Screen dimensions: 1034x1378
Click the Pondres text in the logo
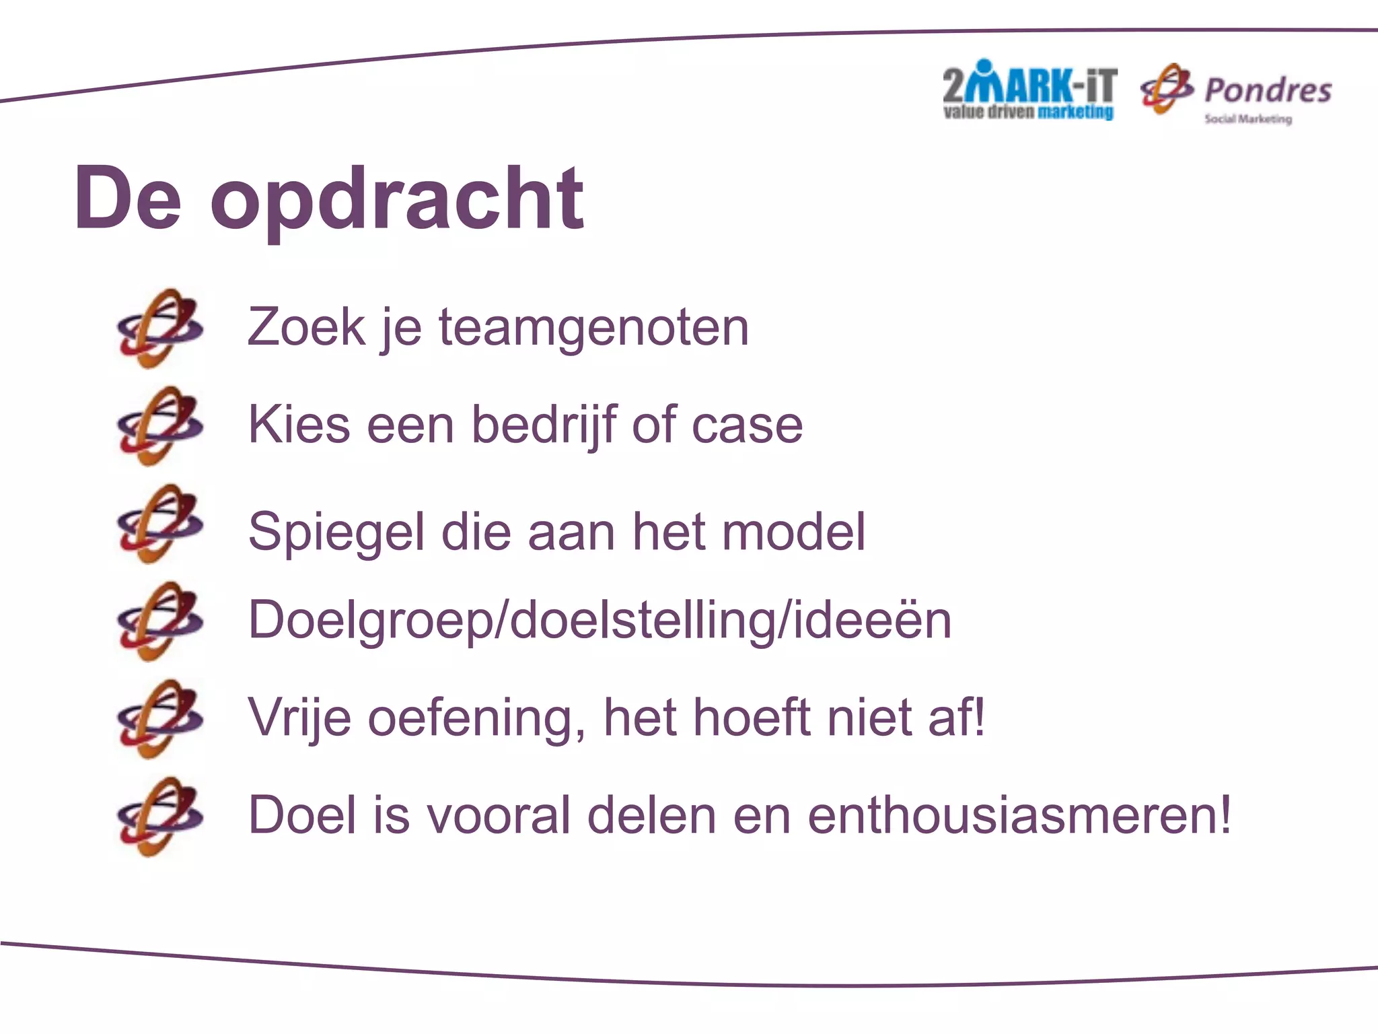click(x=1268, y=90)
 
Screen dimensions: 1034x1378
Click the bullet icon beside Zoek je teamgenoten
click(x=159, y=328)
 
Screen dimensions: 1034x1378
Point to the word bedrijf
click(x=543, y=425)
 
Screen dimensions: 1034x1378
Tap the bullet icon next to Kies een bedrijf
click(x=159, y=425)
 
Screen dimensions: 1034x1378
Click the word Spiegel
click(x=336, y=532)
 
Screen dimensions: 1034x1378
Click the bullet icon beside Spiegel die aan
click(x=159, y=524)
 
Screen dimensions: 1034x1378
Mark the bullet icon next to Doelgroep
click(x=159, y=621)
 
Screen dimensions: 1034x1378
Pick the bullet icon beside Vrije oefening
click(x=159, y=718)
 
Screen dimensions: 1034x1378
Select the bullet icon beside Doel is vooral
click(x=159, y=816)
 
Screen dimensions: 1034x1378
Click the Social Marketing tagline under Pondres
click(x=1247, y=119)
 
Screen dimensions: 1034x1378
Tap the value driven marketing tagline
click(x=1028, y=112)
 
